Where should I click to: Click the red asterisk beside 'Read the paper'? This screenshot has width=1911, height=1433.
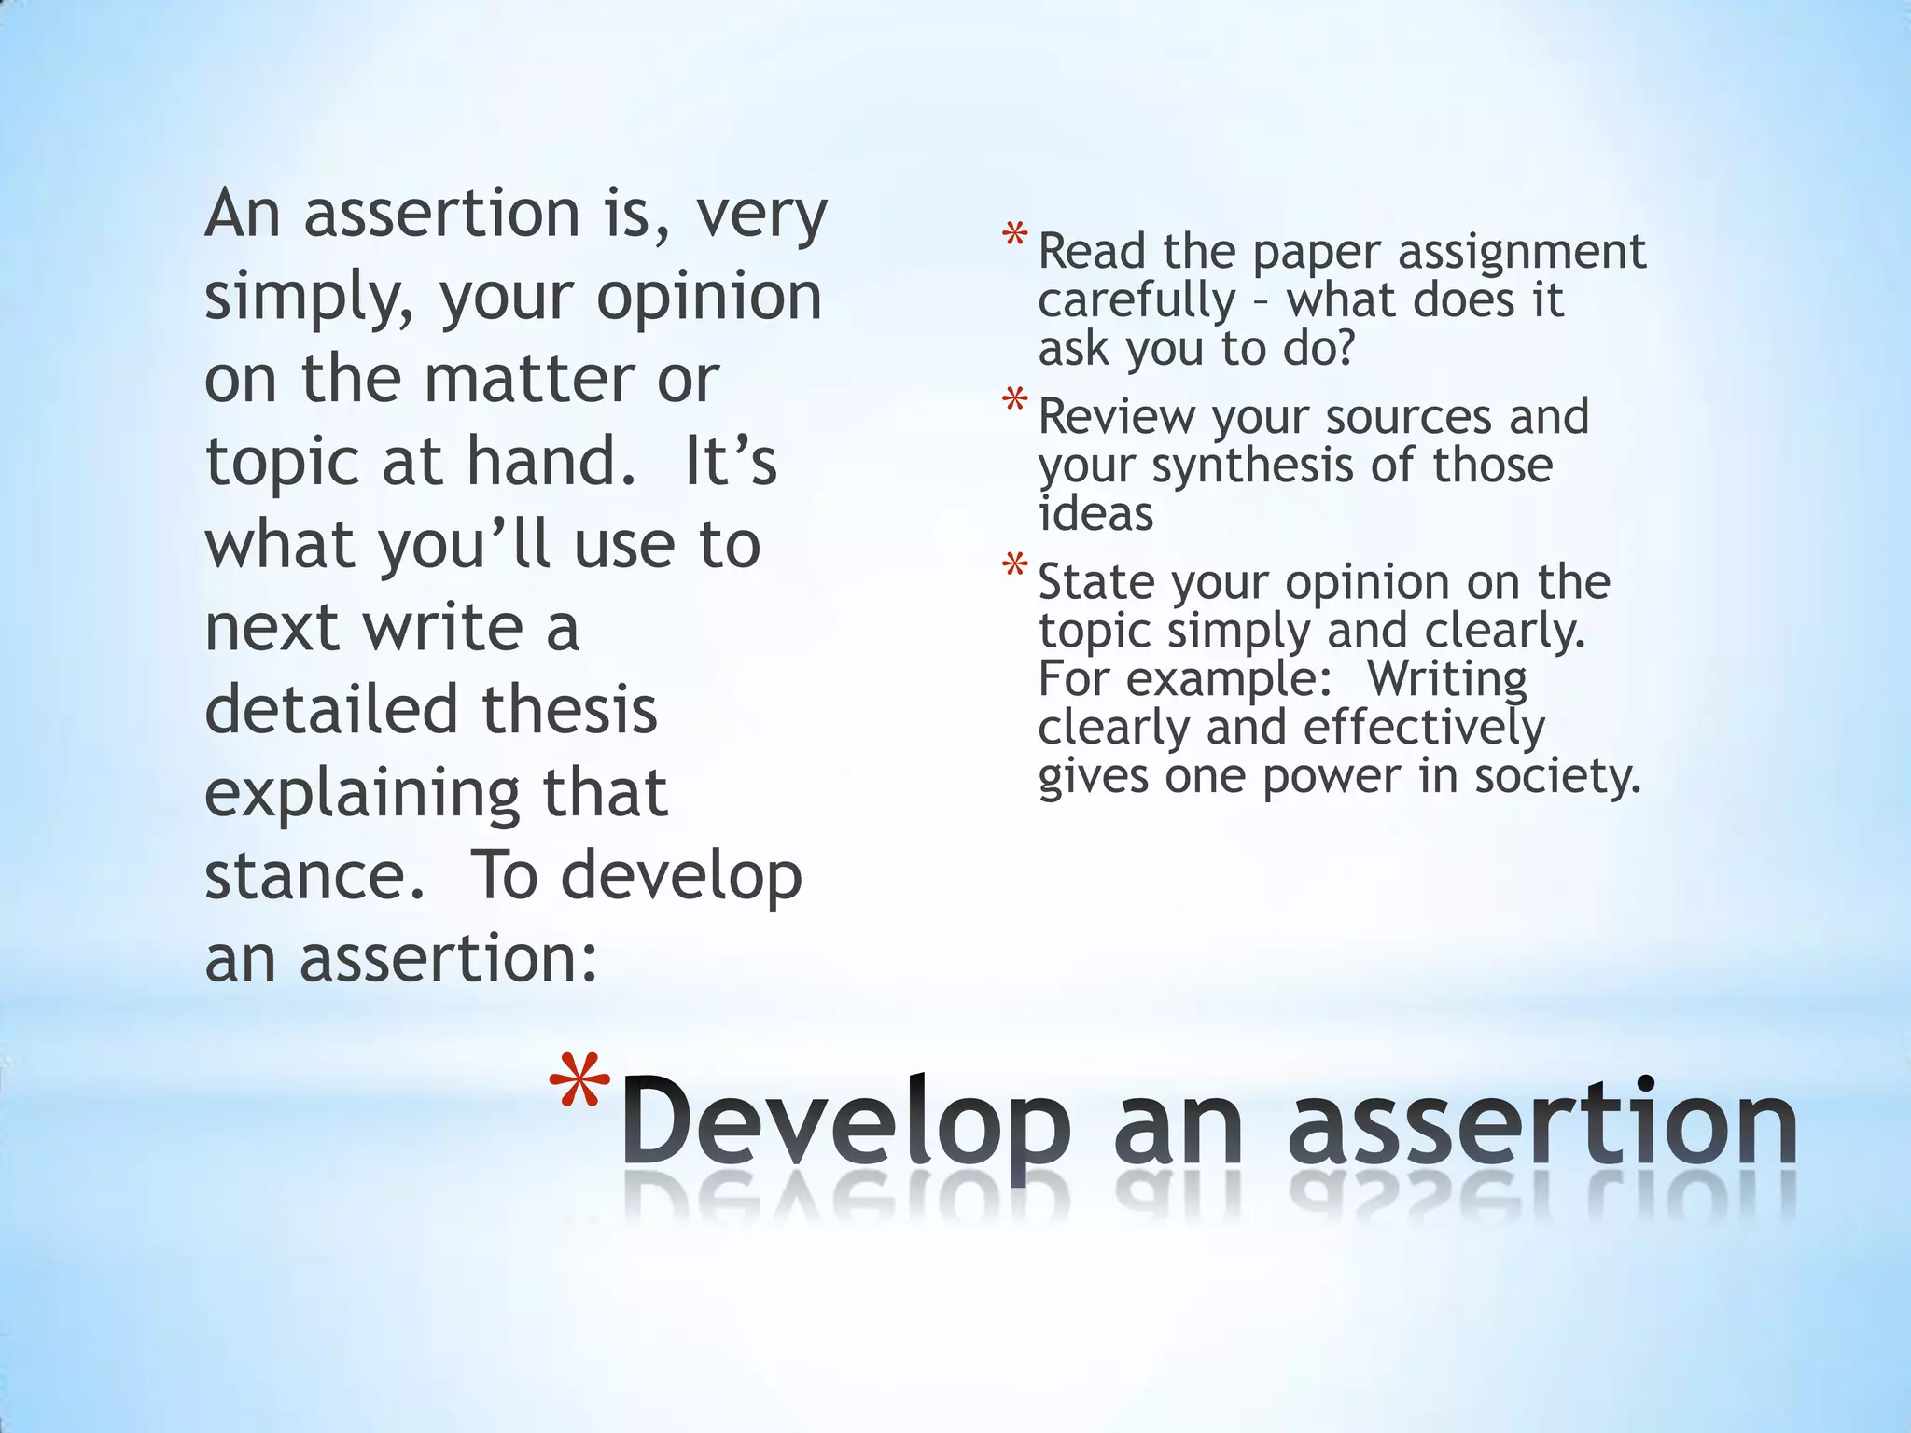pos(1014,235)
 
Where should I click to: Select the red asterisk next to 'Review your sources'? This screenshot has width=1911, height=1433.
pos(1014,401)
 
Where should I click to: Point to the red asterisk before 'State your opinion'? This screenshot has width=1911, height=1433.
pos(1014,566)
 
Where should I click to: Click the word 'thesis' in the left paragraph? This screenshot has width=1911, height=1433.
pos(570,711)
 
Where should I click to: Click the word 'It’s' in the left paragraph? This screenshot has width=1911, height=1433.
pos(730,462)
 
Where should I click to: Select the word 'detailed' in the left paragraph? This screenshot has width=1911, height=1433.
pos(329,711)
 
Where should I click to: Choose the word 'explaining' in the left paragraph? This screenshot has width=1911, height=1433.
pos(359,795)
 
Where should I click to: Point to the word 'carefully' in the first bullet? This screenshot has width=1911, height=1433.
pos(1137,301)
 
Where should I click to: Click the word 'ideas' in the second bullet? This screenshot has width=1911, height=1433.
pos(1095,514)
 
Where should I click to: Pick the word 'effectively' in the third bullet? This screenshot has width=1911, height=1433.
pos(1423,729)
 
